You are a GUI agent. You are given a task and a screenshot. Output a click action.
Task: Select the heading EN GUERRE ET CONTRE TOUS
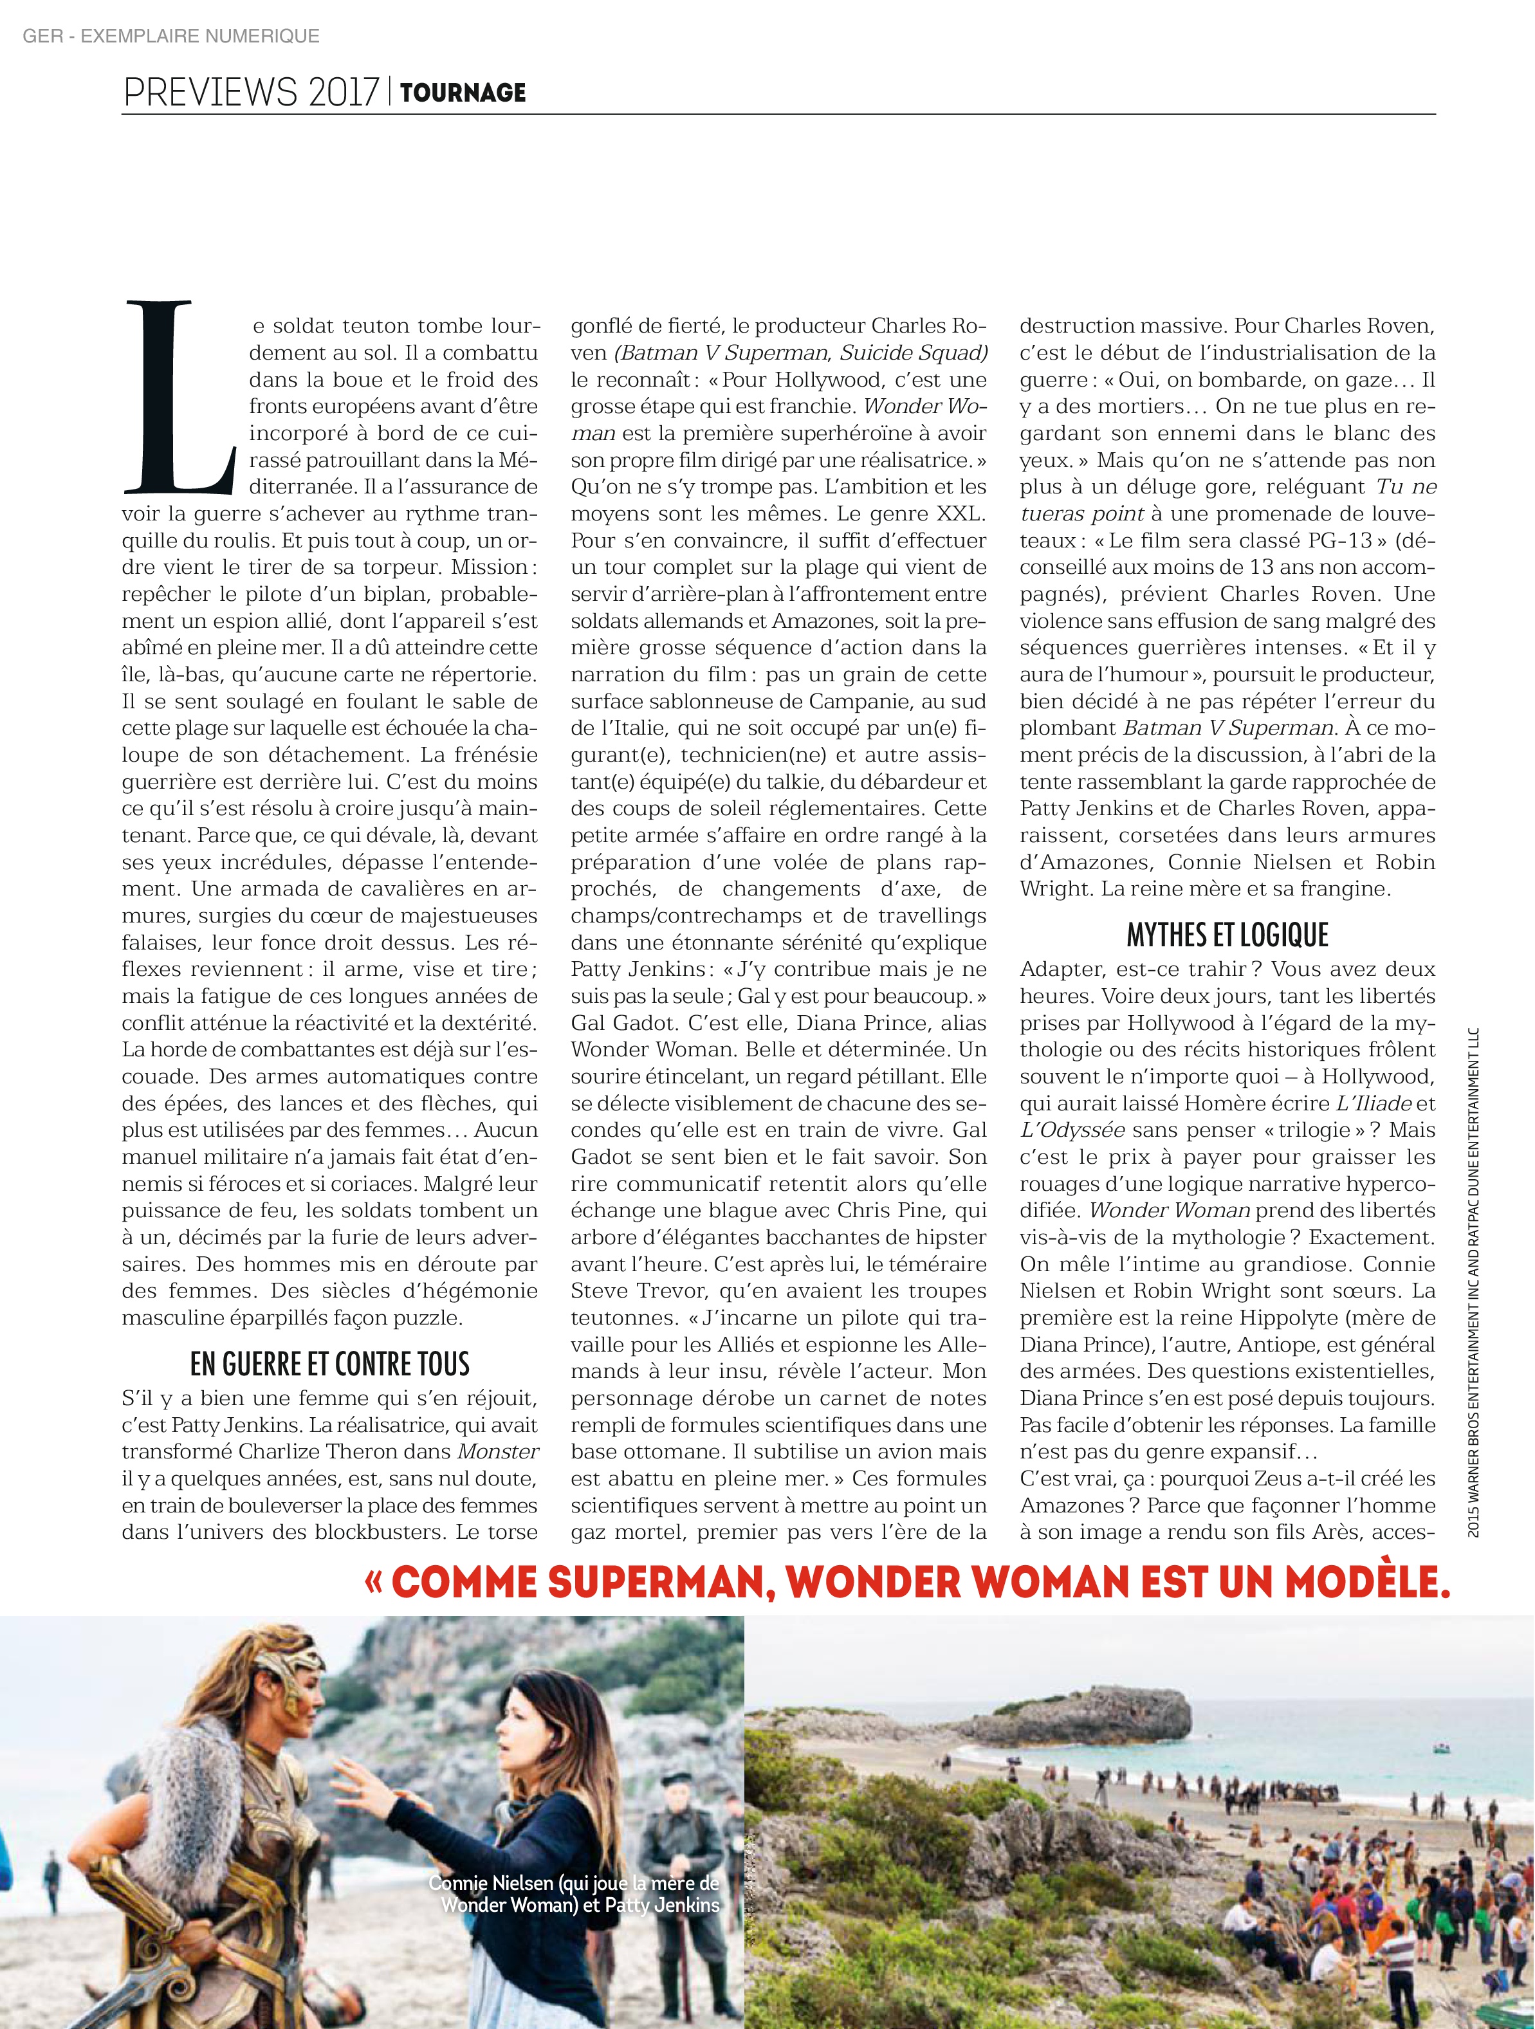[x=329, y=1364]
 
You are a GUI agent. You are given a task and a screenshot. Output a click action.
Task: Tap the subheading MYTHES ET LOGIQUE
[x=1227, y=935]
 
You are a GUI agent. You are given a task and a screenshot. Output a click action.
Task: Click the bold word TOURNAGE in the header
[x=463, y=93]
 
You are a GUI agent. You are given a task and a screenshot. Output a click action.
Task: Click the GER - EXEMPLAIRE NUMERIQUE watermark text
[x=170, y=36]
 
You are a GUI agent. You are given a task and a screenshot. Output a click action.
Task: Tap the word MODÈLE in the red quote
[x=1365, y=1583]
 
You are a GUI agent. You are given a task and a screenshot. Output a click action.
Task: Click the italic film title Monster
[x=498, y=1452]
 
